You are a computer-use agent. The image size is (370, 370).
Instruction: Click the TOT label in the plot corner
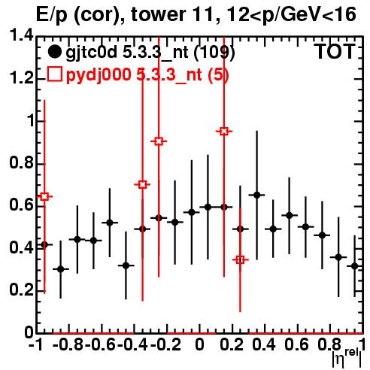pos(335,51)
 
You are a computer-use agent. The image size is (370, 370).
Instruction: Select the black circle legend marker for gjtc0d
pos(54,52)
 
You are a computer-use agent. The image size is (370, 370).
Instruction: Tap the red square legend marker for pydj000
pos(54,74)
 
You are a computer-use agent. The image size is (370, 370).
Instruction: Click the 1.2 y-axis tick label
pos(22,78)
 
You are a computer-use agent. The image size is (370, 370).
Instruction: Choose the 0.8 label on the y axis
pos(22,162)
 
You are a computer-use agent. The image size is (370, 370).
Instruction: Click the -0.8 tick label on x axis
pos(68,344)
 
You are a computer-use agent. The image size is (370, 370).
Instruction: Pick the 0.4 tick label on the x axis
pos(264,344)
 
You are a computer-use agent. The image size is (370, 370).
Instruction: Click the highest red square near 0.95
pos(224,131)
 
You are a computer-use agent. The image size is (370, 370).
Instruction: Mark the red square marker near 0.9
pos(159,141)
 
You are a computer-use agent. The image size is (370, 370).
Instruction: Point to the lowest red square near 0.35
pos(240,259)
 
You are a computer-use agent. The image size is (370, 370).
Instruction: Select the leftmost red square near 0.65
pos(44,196)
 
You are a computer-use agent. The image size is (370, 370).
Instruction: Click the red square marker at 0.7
pos(142,185)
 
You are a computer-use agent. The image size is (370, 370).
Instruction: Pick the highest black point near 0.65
pos(257,195)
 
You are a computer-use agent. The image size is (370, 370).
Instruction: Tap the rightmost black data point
pos(355,266)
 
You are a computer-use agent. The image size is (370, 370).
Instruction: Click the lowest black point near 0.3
pos(61,269)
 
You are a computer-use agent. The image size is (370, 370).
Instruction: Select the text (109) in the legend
pos(214,53)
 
